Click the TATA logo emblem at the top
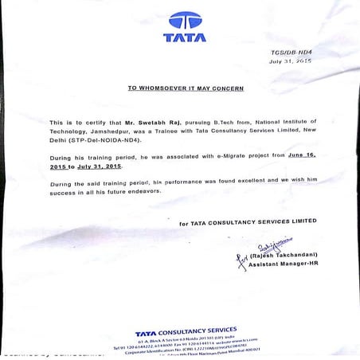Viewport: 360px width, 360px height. (x=185, y=20)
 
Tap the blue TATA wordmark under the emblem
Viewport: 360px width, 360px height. (x=185, y=37)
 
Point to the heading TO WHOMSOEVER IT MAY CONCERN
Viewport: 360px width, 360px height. (x=186, y=88)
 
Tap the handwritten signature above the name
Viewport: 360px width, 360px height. (x=268, y=247)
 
